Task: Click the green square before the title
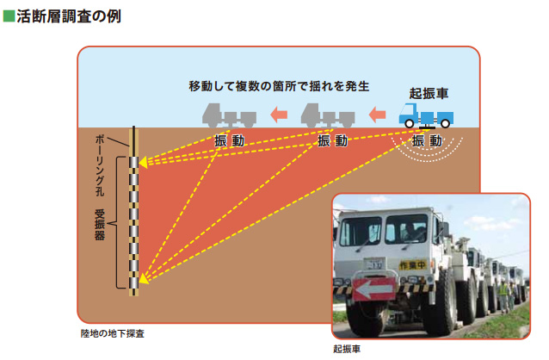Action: point(9,16)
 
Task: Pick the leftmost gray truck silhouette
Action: point(229,115)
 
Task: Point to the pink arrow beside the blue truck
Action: point(377,113)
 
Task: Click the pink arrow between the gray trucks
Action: point(277,113)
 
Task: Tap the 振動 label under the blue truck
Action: point(428,140)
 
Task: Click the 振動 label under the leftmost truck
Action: point(229,140)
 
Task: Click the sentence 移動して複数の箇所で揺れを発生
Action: point(280,86)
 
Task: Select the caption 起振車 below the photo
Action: point(346,349)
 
